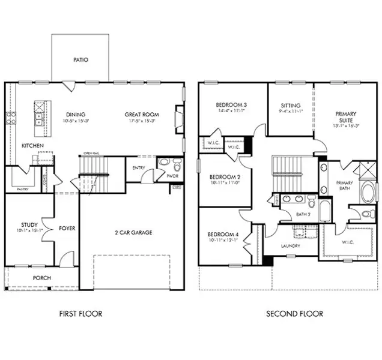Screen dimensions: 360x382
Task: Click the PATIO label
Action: [x=80, y=60]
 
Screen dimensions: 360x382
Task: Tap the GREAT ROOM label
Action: [x=141, y=115]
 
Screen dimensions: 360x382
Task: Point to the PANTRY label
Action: [x=22, y=190]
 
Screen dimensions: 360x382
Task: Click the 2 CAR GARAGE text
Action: [x=133, y=232]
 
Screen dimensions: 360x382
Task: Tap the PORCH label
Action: [x=41, y=278]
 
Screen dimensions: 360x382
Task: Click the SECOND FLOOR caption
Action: [x=295, y=314]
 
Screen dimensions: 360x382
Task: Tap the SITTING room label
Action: [x=291, y=105]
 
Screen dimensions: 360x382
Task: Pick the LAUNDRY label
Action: [x=291, y=246]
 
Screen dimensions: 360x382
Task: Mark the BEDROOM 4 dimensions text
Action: [x=223, y=241]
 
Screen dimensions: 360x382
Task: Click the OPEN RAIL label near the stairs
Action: [x=91, y=153]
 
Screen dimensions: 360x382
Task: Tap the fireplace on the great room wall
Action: [x=178, y=115]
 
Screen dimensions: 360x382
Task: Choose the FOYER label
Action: [x=67, y=229]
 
